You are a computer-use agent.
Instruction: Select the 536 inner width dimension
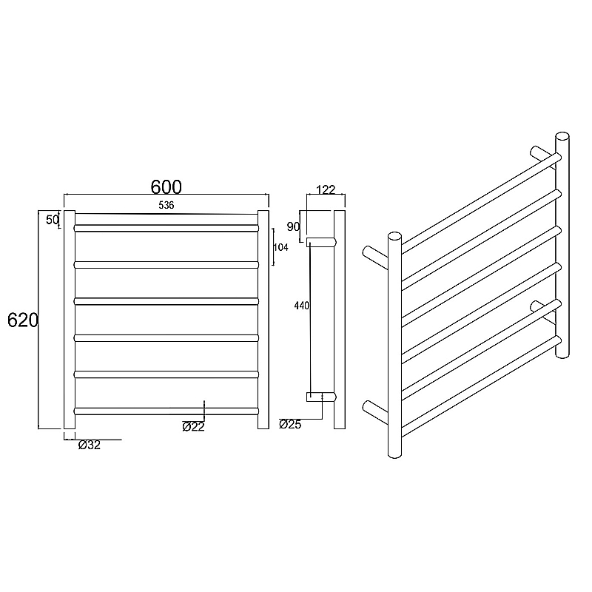166,205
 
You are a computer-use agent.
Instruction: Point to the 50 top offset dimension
53,220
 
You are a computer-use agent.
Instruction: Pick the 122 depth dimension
326,190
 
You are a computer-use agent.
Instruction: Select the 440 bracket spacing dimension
301,304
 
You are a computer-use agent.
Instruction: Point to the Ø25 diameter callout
290,424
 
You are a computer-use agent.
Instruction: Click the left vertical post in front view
70,320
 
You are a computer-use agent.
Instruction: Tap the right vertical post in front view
263,320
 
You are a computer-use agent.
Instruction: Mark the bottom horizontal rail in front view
166,410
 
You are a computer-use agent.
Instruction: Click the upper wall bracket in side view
322,241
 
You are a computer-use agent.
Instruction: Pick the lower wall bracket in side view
322,397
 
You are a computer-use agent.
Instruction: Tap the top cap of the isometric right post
562,137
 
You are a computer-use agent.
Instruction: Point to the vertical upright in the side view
340,320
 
